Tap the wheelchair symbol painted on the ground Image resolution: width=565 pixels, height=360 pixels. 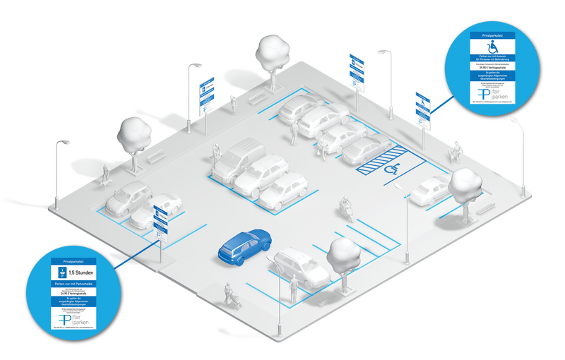[391, 170]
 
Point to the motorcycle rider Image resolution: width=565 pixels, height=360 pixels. [345, 208]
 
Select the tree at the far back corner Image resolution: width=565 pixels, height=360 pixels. [273, 51]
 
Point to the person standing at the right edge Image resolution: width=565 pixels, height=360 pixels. [457, 150]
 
